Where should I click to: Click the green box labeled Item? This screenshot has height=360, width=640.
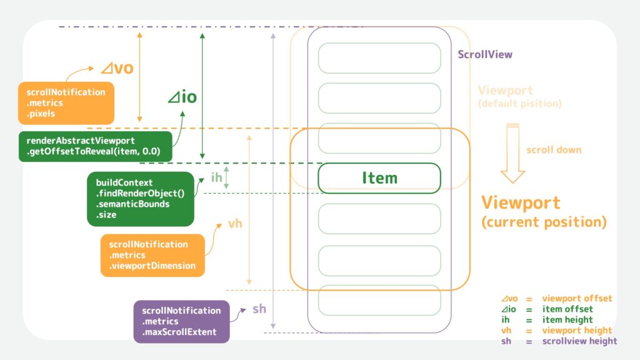[x=379, y=178]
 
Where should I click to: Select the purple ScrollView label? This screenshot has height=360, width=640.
[x=485, y=54]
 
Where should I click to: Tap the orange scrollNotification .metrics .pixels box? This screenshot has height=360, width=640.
[x=66, y=103]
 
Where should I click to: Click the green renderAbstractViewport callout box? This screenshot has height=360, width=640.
[x=95, y=146]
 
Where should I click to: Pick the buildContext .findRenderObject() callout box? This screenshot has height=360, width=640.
[x=140, y=199]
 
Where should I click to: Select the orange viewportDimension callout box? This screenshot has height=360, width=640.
[x=152, y=255]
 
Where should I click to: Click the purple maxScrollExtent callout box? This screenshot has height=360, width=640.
[x=181, y=321]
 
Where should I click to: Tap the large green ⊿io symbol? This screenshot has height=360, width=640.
[x=182, y=97]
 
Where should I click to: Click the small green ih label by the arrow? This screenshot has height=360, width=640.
[x=216, y=178]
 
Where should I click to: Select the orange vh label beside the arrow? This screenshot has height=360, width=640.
[x=235, y=224]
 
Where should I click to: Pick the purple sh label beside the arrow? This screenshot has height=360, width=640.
[x=259, y=309]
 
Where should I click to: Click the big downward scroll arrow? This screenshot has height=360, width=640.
[x=513, y=153]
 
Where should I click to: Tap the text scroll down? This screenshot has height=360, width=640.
[x=554, y=150]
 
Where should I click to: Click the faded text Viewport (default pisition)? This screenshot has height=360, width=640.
[x=519, y=97]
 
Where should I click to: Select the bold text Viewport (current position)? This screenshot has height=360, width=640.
[x=543, y=211]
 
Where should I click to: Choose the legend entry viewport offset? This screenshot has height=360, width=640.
[x=577, y=298]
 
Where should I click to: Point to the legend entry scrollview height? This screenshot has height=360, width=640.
[x=579, y=341]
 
